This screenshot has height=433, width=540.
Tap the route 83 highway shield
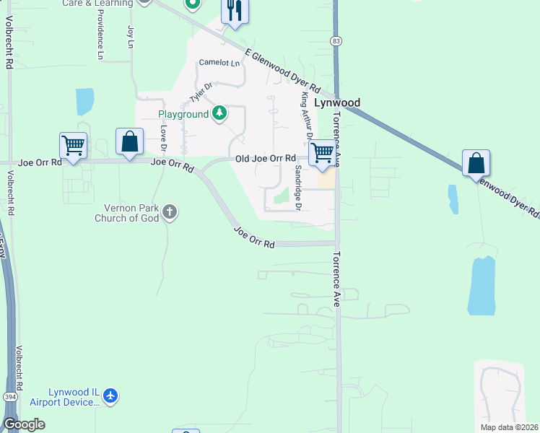tap(336, 43)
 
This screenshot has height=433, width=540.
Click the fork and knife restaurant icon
tap(234, 11)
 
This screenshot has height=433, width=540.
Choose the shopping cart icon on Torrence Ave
tap(323, 152)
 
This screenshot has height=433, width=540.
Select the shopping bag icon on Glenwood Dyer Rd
tap(476, 162)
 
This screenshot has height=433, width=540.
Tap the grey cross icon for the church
tap(170, 212)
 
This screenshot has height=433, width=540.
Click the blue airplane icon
tap(110, 395)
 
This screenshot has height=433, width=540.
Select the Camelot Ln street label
tap(219, 63)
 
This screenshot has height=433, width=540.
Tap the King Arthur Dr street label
tap(306, 116)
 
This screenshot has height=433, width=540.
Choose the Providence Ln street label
tap(100, 35)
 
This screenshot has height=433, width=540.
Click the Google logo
tap(23, 424)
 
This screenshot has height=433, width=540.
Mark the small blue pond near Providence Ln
tap(84, 102)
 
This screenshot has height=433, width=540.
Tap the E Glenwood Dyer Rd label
tap(282, 70)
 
